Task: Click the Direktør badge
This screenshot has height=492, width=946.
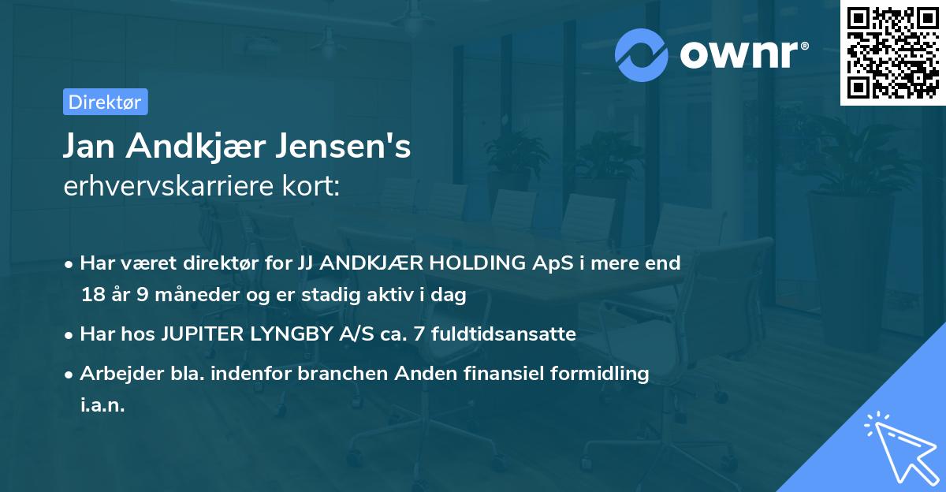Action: click(105, 102)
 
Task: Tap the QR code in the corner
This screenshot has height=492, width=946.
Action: click(892, 52)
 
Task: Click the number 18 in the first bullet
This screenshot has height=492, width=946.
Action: click(92, 296)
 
